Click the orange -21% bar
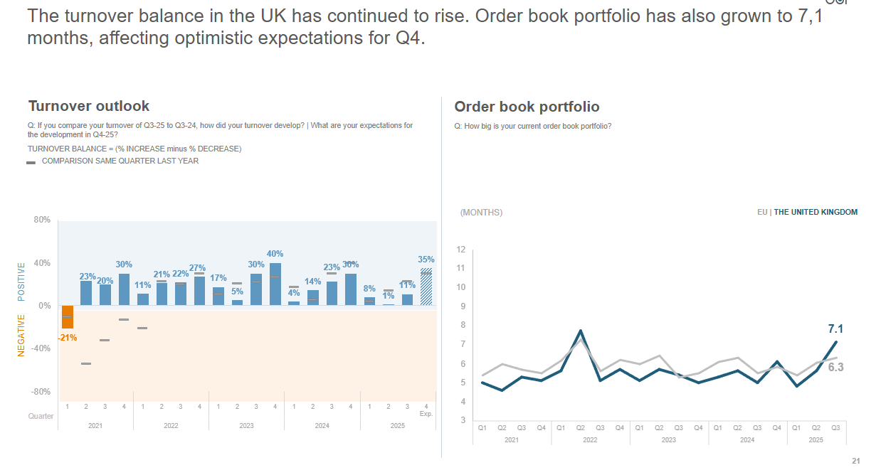pos(68,316)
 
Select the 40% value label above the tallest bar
pos(275,254)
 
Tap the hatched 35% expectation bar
pos(426,287)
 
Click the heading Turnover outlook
pos(89,106)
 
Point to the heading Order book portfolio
pos(527,107)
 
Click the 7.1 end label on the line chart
pos(835,329)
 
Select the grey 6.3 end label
pos(835,367)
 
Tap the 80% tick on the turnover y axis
pos(42,220)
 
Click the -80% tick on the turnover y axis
pos(41,392)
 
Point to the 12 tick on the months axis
pos(461,250)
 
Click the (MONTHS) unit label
pos(481,213)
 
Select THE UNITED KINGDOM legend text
pos(816,212)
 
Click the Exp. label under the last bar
pos(426,414)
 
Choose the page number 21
pos(855,460)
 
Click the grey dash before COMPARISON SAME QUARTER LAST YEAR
pos(31,162)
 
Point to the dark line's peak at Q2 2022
pos(581,331)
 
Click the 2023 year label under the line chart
pos(669,440)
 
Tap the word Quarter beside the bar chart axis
pos(41,416)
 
